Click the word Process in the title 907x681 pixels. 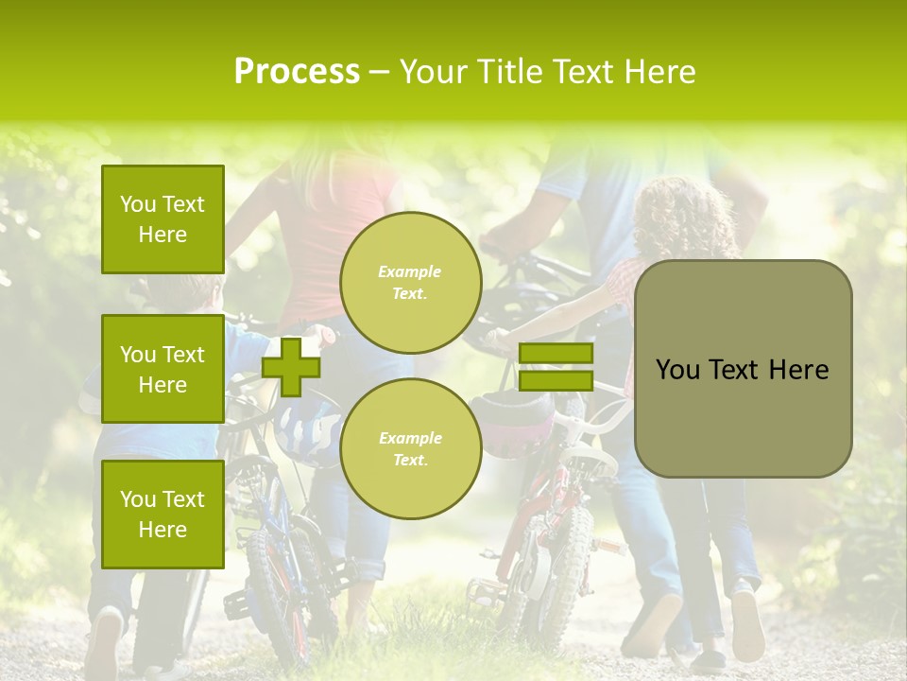tap(297, 72)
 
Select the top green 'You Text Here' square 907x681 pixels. tap(163, 219)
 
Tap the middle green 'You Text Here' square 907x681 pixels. tap(163, 369)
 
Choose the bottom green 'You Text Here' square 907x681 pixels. tap(163, 514)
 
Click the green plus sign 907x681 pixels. tap(291, 367)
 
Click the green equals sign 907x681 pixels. tap(556, 367)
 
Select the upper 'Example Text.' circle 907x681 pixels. tap(410, 282)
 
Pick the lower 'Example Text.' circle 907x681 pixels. tap(410, 448)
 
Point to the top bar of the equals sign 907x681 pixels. tap(556, 354)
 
